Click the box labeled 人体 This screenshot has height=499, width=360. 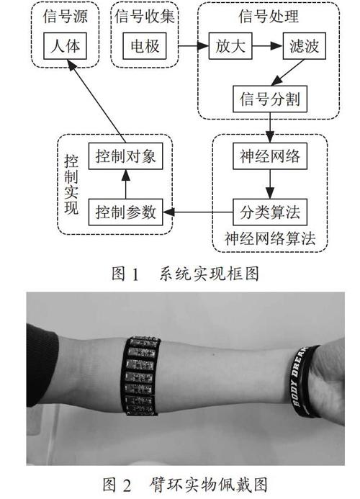65,46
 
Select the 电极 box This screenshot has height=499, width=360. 145,46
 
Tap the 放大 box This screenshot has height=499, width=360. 230,46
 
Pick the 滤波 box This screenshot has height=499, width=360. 305,46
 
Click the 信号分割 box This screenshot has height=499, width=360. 270,99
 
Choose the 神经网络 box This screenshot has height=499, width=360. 270,156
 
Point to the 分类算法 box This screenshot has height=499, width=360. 270,212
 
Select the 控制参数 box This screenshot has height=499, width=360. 126,212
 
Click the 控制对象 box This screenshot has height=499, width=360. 126,156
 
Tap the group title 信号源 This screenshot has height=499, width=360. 65,17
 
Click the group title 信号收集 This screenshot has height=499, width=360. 145,17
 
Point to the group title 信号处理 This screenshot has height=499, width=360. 269,17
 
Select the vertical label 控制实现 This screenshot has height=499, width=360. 71,184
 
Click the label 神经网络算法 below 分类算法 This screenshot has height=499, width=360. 270,238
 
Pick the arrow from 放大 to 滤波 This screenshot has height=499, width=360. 267,46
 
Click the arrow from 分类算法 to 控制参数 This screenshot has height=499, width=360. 198,212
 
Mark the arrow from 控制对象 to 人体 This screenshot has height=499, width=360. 96,102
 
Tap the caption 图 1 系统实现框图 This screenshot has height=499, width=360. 185,274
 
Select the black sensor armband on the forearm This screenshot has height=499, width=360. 141,376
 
